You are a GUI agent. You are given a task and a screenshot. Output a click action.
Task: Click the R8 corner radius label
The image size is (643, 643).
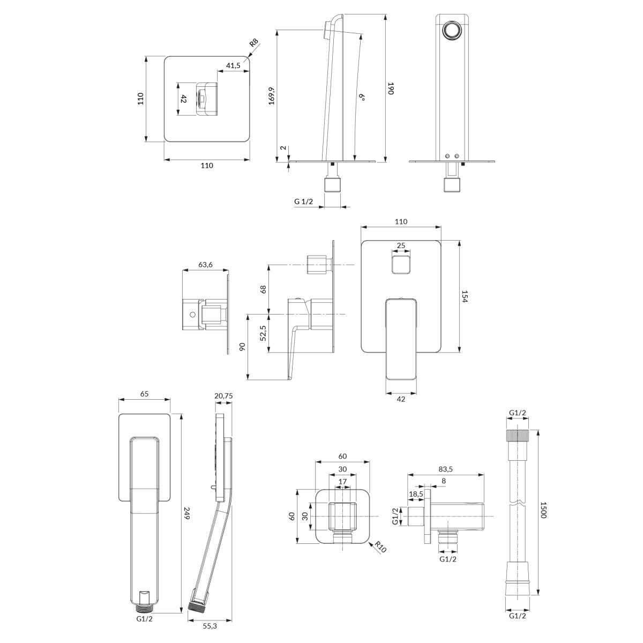255,43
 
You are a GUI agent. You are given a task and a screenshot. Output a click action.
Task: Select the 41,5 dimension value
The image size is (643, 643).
233,65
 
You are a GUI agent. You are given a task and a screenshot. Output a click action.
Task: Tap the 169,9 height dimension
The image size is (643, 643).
272,96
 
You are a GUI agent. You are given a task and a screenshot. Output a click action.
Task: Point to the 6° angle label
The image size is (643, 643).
362,97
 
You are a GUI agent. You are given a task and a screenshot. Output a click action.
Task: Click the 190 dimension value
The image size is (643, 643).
391,88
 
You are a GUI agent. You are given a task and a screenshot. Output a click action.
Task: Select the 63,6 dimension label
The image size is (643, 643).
205,265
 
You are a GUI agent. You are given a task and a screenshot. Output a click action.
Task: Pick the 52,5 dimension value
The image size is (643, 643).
263,333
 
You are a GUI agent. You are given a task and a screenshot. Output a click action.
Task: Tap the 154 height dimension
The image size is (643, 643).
465,296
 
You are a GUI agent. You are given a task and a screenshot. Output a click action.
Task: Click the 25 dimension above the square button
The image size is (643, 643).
401,245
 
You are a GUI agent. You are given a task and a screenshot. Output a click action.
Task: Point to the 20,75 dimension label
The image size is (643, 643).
223,396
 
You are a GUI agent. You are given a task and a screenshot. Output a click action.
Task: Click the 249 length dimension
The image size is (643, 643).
186,513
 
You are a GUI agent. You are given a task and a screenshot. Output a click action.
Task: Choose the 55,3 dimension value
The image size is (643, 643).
210,626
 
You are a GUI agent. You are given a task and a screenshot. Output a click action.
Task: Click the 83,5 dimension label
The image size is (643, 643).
445,469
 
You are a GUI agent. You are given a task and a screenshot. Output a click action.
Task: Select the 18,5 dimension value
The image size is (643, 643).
416,494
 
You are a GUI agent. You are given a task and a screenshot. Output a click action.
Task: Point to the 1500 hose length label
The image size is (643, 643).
543,510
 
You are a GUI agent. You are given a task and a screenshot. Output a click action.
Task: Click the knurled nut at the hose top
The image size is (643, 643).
517,436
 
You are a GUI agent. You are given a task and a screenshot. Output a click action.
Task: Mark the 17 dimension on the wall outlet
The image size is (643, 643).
342,482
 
